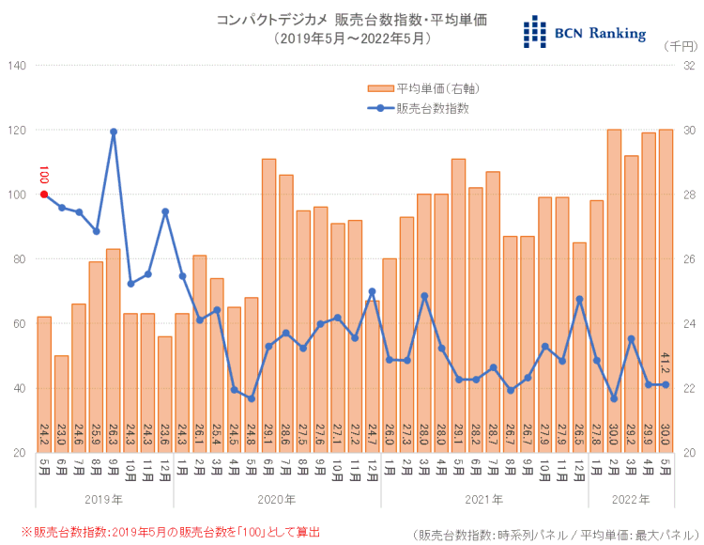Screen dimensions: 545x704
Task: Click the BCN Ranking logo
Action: [585, 32]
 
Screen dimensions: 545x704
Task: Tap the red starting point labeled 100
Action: [44, 195]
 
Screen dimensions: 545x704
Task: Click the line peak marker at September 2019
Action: [114, 132]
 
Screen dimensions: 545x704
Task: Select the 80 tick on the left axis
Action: [20, 259]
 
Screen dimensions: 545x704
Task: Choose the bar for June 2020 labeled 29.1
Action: [268, 301]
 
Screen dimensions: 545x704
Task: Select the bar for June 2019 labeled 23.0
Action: [62, 404]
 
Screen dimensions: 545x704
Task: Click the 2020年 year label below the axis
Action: [277, 499]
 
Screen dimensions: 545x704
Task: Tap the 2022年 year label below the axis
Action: [631, 499]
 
